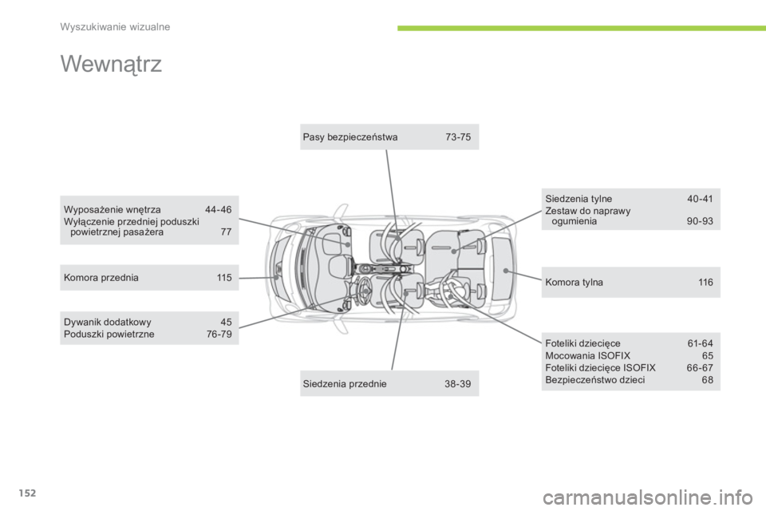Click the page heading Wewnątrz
coord(111,65)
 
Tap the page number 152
coord(28,493)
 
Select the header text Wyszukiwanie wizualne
coord(115,27)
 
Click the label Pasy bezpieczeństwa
coord(349,137)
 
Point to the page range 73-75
coord(458,137)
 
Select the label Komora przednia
coord(101,278)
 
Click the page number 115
coord(224,278)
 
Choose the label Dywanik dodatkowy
coord(108,323)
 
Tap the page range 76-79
coord(219,335)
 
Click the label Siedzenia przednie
coord(345,384)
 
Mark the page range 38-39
coord(458,384)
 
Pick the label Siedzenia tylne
coord(578,199)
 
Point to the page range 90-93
coord(700,221)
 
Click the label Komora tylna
coord(574,283)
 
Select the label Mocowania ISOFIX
coord(588,356)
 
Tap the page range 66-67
coord(700,368)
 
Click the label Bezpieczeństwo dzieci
coord(595,380)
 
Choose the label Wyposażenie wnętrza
coord(112,210)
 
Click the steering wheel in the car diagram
coord(365,291)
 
